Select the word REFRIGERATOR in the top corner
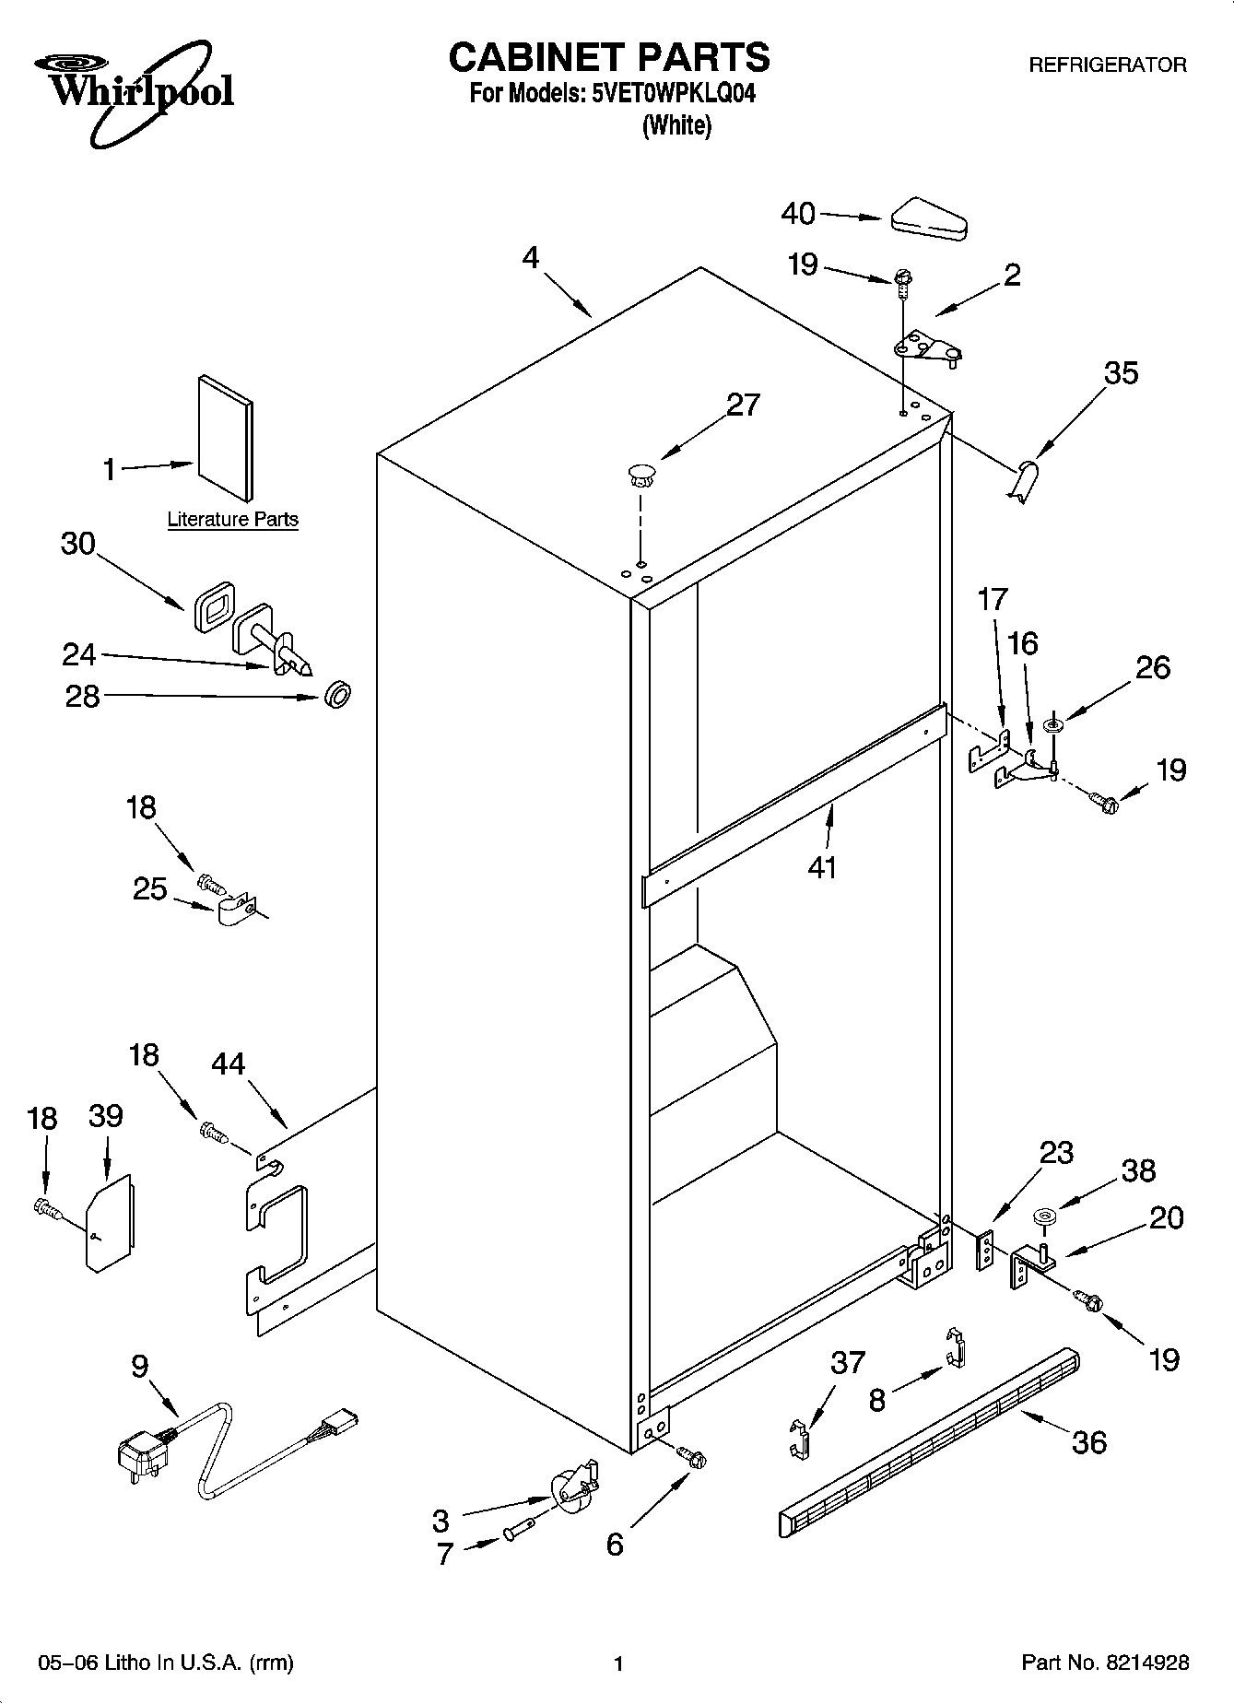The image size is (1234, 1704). point(1107,65)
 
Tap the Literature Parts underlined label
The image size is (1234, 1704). point(232,520)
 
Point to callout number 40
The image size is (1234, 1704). point(798,214)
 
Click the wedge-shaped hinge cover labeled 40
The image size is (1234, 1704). point(928,217)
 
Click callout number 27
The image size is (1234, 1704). point(743,405)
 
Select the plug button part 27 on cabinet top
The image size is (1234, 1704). point(640,476)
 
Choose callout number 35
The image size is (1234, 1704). point(1121,373)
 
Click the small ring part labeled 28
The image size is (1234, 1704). point(338,695)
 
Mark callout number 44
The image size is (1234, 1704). point(229,1064)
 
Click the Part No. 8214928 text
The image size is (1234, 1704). point(1105,1663)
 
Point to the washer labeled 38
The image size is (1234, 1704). point(1043,1217)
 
